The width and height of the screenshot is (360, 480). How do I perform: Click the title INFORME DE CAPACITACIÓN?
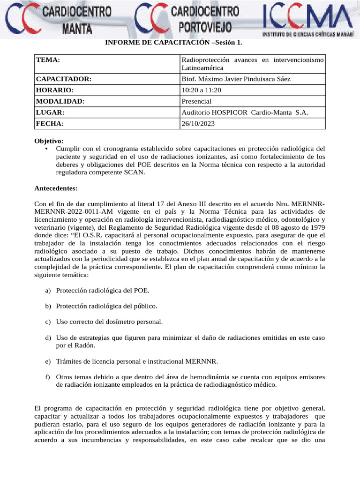pyautogui.click(x=173, y=43)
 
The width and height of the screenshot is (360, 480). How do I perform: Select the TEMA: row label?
pyautogui.click(x=48, y=60)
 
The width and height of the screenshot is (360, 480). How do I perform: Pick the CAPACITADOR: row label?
pyautogui.click(x=63, y=79)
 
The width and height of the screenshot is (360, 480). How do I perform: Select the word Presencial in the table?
pyautogui.click(x=196, y=101)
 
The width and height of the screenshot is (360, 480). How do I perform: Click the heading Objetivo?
pyautogui.click(x=49, y=141)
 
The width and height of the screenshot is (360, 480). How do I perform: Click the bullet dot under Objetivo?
pyautogui.click(x=46, y=149)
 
